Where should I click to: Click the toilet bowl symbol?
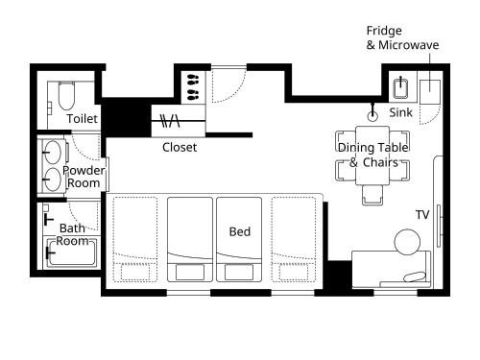click(66, 95)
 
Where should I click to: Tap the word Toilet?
click(82, 119)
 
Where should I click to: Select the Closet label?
click(180, 147)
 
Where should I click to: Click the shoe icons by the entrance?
click(193, 86)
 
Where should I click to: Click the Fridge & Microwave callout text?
click(402, 37)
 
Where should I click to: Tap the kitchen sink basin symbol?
click(400, 87)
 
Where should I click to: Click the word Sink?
click(400, 112)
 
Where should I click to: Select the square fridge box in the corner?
click(430, 92)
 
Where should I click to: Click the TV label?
click(422, 215)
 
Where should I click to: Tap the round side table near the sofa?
click(407, 242)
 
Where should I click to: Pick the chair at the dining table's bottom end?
click(372, 195)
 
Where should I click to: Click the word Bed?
click(240, 231)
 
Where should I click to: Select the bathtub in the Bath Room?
click(71, 252)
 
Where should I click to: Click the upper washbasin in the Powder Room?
click(52, 153)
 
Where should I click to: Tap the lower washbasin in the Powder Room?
click(52, 180)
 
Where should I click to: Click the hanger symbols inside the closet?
click(170, 121)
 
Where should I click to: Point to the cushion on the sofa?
click(415, 276)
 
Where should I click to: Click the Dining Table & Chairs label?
click(373, 155)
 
